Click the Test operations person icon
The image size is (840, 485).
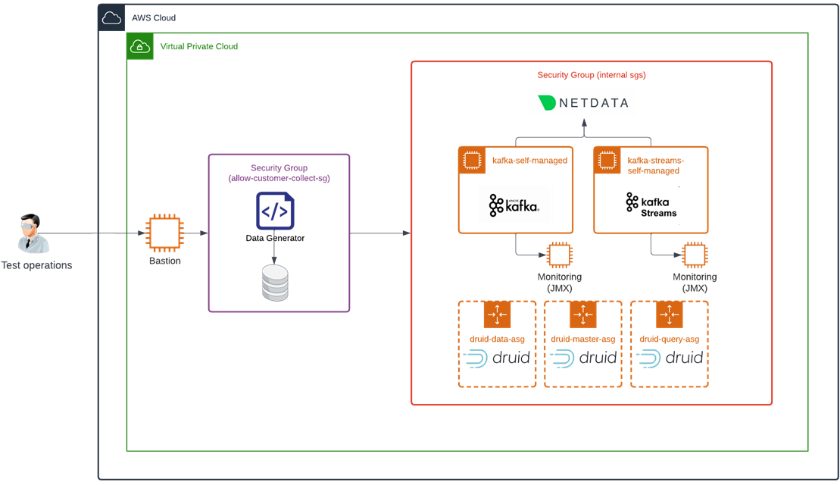pyautogui.click(x=34, y=233)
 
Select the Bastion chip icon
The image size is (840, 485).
pyautogui.click(x=164, y=233)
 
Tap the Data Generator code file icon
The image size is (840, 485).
pyautogui.click(x=275, y=211)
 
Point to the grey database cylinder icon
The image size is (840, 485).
pyautogui.click(x=275, y=283)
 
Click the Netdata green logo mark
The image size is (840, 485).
pyautogui.click(x=547, y=103)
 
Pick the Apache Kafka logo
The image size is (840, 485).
pyautogui.click(x=514, y=205)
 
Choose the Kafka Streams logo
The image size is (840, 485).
pyautogui.click(x=651, y=205)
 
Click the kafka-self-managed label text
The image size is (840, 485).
pyautogui.click(x=529, y=161)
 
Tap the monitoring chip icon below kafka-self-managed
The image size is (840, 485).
pyautogui.click(x=559, y=255)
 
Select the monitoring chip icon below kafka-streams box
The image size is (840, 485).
pyautogui.click(x=694, y=255)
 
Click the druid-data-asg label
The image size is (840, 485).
pyautogui.click(x=496, y=339)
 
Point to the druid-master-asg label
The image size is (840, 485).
pyautogui.click(x=582, y=339)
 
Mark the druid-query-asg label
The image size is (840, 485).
pyautogui.click(x=669, y=339)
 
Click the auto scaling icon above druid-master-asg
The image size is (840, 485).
pyautogui.click(x=583, y=314)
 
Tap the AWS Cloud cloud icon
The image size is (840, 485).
pyautogui.click(x=111, y=17)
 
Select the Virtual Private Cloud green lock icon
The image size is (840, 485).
pyautogui.click(x=140, y=46)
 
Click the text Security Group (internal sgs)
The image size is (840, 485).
pyautogui.click(x=591, y=75)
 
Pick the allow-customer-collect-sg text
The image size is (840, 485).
pyautogui.click(x=279, y=178)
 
